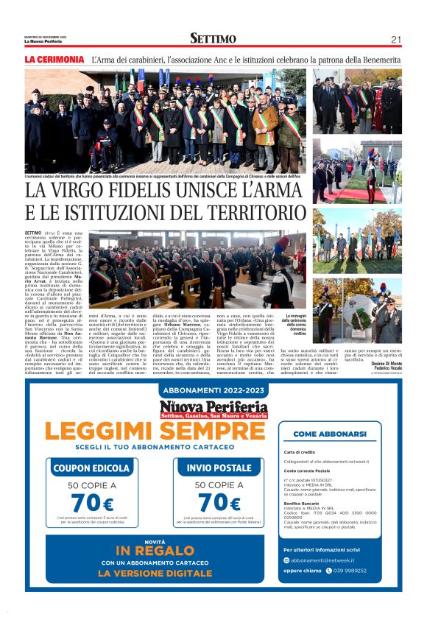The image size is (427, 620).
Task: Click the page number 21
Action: coord(396,40)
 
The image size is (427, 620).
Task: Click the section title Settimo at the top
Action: coord(213,39)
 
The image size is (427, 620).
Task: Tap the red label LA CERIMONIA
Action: coord(54,59)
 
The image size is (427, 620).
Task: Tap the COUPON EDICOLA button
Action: coord(91,468)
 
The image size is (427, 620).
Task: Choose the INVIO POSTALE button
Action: coord(219,468)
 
